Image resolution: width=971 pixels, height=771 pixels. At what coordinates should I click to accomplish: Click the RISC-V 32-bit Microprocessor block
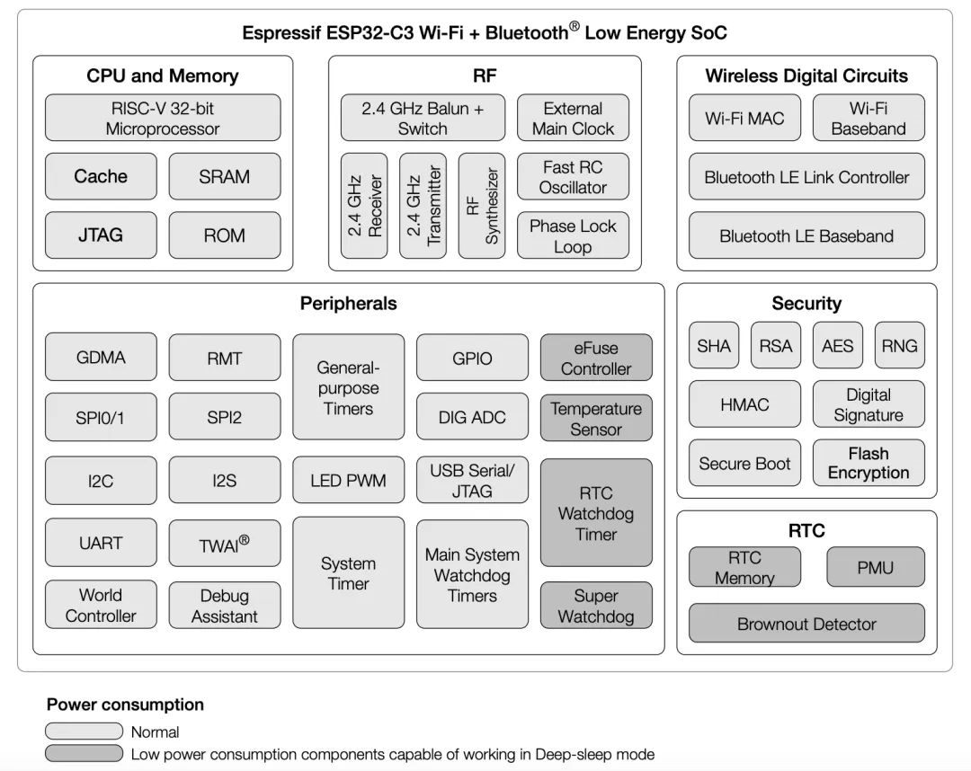point(163,118)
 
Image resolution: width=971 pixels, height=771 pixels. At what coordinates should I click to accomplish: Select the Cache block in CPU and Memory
point(101,176)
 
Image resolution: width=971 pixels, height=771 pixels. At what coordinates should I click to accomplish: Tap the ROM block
point(225,235)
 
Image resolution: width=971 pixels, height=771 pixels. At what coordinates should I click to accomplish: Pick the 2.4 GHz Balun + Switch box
point(423,118)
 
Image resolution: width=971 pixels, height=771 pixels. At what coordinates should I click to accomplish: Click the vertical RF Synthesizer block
point(482,206)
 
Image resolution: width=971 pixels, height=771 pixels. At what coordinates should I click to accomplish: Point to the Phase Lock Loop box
point(573,235)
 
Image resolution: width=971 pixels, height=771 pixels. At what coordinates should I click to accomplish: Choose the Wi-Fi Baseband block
point(869,118)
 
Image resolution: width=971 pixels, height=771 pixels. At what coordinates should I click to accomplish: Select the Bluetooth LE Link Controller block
point(806,176)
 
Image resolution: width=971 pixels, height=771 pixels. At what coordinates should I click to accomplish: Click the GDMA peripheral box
point(101,358)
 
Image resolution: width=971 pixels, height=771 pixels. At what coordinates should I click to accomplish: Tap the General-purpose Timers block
point(349,387)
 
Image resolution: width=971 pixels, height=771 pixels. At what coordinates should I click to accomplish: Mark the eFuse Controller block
point(596,358)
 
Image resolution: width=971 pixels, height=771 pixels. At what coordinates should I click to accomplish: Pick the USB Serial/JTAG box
point(473,480)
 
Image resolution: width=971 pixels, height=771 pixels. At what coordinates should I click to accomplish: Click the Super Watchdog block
point(596,605)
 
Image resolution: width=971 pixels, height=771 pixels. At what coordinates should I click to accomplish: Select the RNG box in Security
point(900,345)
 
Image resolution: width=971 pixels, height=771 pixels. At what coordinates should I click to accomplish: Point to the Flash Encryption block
point(869,463)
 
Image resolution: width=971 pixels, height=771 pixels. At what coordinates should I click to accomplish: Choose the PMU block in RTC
point(876,567)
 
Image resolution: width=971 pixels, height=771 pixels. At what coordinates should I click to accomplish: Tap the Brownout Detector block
point(806,623)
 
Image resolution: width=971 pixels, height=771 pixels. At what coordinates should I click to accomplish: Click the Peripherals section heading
point(349,303)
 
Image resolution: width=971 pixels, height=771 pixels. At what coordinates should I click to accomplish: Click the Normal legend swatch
point(85,731)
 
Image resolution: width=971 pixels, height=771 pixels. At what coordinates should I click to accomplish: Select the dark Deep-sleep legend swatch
point(85,753)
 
